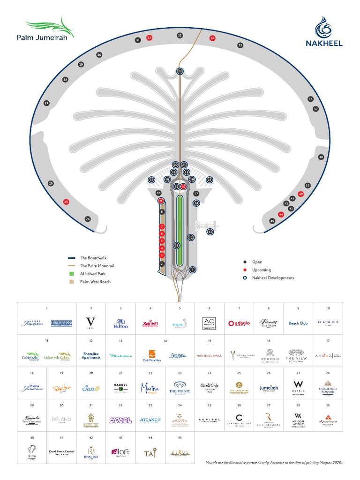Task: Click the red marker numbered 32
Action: coord(150,37)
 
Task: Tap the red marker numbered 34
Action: coord(212,38)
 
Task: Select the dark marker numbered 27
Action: coord(46,103)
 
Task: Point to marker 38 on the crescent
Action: coord(321,157)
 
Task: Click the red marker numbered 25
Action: coord(66,202)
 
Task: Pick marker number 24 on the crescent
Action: coord(87,219)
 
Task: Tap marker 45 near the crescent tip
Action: coord(272,221)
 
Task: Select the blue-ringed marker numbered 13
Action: coord(210,232)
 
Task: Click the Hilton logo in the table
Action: coord(120,323)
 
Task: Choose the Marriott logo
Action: coord(150,323)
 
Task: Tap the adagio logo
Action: coord(239,323)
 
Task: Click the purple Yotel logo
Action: coord(120,420)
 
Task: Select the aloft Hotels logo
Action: coord(120,453)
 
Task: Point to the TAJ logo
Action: coord(150,453)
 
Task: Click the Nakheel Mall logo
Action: coord(209,356)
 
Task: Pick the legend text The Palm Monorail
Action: coord(97,266)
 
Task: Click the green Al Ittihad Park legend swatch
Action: coord(72,274)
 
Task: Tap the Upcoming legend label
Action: coord(262,270)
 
